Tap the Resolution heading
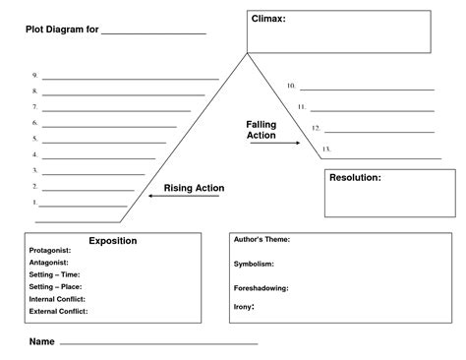(x=356, y=178)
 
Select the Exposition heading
(x=113, y=241)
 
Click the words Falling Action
(x=262, y=130)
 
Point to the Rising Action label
(x=194, y=188)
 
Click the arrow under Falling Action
(x=281, y=144)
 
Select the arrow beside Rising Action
(x=160, y=196)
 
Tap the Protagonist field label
(x=50, y=251)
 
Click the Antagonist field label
(x=49, y=263)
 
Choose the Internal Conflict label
(x=57, y=298)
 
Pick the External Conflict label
(x=58, y=311)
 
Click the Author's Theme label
(x=262, y=240)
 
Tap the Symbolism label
(x=254, y=264)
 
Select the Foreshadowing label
(x=261, y=288)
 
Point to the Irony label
(x=244, y=306)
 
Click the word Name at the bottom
(x=41, y=342)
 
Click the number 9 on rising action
(x=34, y=76)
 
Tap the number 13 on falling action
(x=326, y=150)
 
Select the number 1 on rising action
(x=34, y=203)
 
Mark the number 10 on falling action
(x=291, y=86)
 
